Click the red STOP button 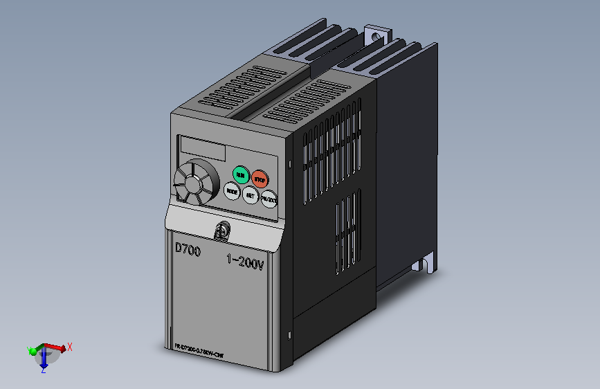click(260, 179)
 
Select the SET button click(250, 196)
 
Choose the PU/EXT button click(269, 200)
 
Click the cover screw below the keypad click(223, 230)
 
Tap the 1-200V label click(245, 262)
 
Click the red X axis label click(70, 346)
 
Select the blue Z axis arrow click(43, 359)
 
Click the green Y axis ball click(31, 351)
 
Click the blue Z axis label click(43, 371)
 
